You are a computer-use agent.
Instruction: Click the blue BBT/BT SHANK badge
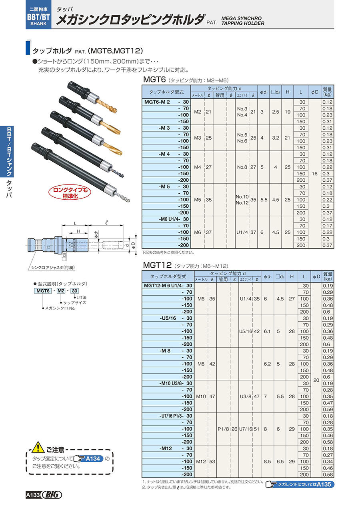click(38, 14)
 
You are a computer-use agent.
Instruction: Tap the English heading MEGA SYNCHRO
click(242, 18)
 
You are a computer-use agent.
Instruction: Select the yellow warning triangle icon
click(38, 447)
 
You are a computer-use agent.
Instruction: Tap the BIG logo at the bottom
click(53, 495)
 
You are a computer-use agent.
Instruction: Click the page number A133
click(33, 495)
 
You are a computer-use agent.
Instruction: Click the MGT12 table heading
click(157, 265)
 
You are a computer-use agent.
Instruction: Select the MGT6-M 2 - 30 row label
click(166, 102)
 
